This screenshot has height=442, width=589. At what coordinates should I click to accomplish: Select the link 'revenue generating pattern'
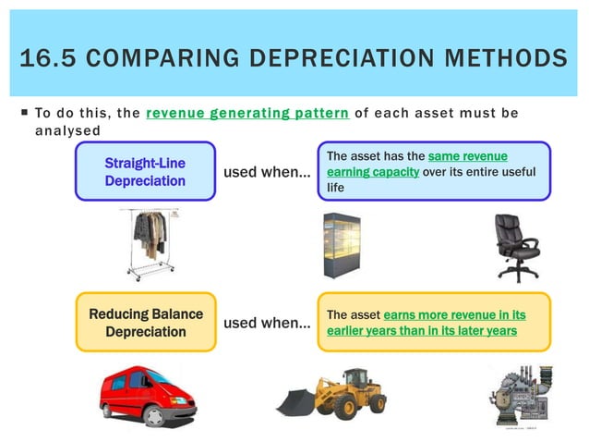[246, 114]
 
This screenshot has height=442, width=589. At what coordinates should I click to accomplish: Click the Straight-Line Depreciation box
[145, 172]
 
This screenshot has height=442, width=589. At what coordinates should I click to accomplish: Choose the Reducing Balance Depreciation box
[146, 323]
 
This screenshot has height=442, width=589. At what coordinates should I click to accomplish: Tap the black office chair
[513, 246]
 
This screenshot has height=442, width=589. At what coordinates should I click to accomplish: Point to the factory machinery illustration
[518, 393]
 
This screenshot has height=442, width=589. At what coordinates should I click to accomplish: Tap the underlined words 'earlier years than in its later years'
[422, 331]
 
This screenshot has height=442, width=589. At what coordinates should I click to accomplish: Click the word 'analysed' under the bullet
[66, 130]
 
